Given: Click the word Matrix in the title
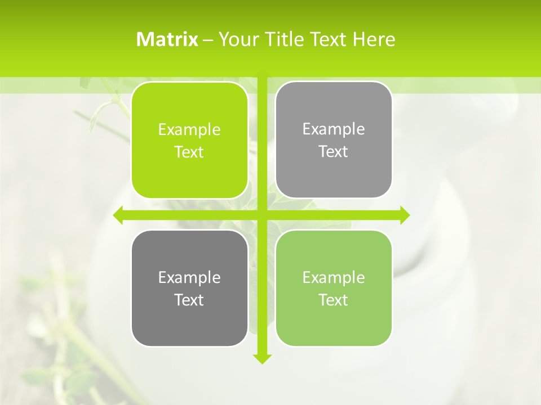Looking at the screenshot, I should tap(167, 39).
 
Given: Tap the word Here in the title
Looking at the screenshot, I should tap(374, 39).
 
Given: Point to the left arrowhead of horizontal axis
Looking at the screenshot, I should tap(118, 215).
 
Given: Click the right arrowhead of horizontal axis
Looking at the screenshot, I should tap(405, 215).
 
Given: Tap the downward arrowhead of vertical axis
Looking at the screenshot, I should tap(261, 359).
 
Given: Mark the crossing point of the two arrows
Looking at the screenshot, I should tap(261, 215).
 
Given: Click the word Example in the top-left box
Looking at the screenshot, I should tap(189, 130).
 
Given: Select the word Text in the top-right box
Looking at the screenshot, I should tap(334, 152).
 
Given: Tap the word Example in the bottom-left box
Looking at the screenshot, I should tap(189, 278).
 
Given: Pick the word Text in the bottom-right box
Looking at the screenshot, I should tap(334, 300).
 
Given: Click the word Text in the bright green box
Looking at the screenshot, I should tap(189, 152).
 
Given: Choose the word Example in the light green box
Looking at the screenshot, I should tap(334, 278).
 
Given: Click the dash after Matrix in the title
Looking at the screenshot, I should tap(208, 40).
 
